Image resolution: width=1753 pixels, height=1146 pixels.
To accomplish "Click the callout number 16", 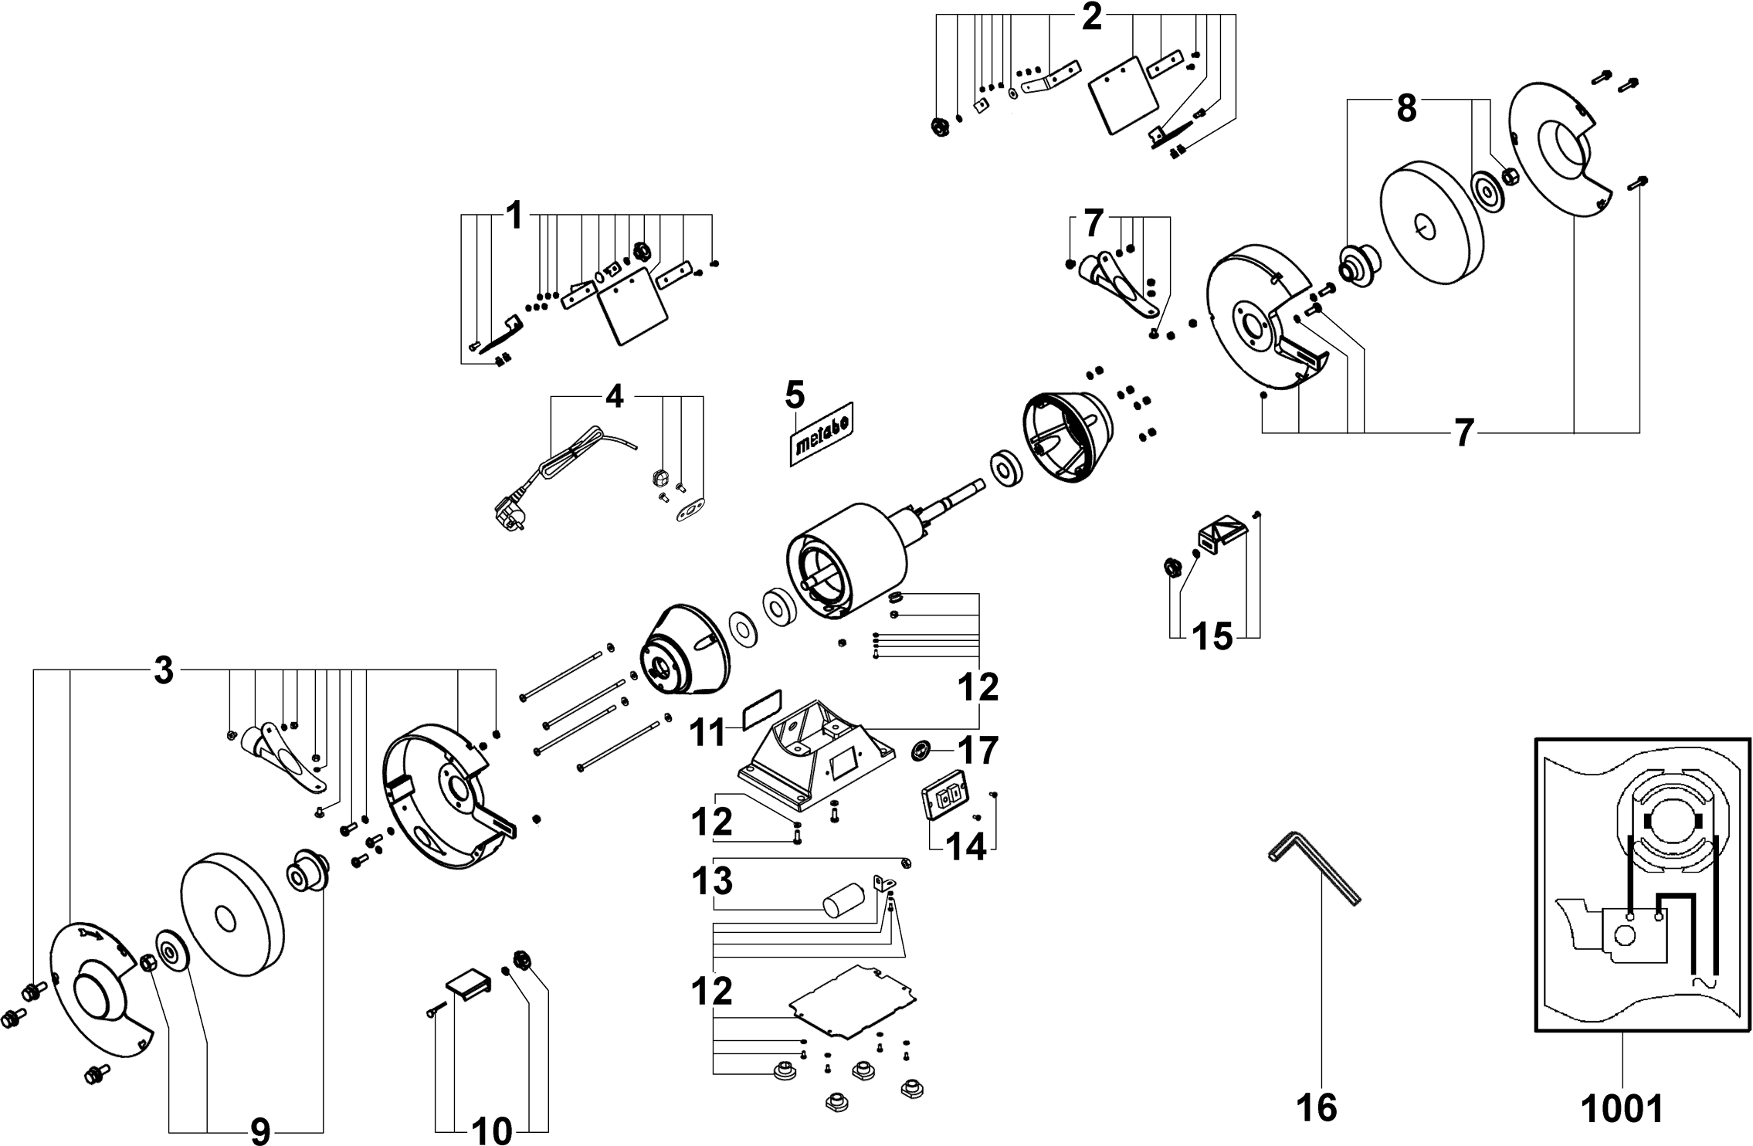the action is pyautogui.click(x=1317, y=1107).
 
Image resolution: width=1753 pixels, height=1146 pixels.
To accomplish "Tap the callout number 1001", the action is pyautogui.click(x=1622, y=1107).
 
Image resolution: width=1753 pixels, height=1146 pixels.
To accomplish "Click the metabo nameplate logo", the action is pyautogui.click(x=820, y=435).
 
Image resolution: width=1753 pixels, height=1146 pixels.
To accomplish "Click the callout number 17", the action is pyautogui.click(x=978, y=751).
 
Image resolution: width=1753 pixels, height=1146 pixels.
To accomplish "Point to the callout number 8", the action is pyautogui.click(x=1406, y=110).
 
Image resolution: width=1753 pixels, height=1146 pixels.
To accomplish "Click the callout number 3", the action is pyautogui.click(x=163, y=671).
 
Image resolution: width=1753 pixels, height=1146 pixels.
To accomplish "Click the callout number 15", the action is pyautogui.click(x=1213, y=637).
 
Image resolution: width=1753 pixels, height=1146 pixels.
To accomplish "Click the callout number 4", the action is pyautogui.click(x=614, y=396).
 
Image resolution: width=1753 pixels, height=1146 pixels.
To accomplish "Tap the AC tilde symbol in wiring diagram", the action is pyautogui.click(x=1704, y=1005).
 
